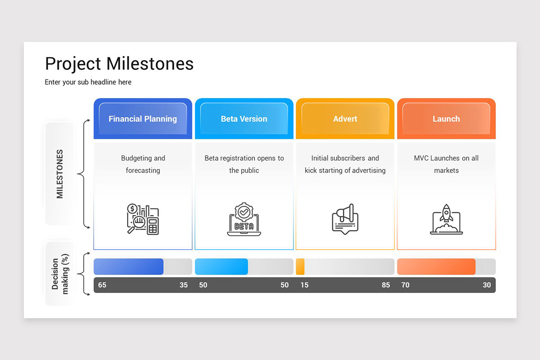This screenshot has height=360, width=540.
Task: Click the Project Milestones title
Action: (x=119, y=64)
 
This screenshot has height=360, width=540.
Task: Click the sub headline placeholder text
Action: (x=88, y=82)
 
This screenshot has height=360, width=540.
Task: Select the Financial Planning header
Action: (x=143, y=119)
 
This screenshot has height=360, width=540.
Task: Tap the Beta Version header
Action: (x=244, y=119)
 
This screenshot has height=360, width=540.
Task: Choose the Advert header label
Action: (x=345, y=119)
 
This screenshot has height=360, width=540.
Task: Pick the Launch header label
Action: (x=446, y=119)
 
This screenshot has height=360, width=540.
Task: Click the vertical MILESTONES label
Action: (x=60, y=174)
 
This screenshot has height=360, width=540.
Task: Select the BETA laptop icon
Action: (x=244, y=219)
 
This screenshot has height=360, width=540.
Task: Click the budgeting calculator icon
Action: (x=143, y=219)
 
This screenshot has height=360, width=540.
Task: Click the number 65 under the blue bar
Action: (x=102, y=285)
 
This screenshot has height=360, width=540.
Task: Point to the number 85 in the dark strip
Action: (x=386, y=285)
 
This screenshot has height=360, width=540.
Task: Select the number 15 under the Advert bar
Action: (x=305, y=285)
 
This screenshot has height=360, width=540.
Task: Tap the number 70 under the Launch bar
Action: (x=405, y=285)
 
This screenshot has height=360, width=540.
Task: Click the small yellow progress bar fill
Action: (x=300, y=266)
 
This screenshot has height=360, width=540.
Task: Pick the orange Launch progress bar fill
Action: (x=436, y=266)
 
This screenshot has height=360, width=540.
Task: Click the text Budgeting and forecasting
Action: (x=143, y=164)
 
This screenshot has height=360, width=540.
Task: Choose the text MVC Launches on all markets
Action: (x=446, y=164)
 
